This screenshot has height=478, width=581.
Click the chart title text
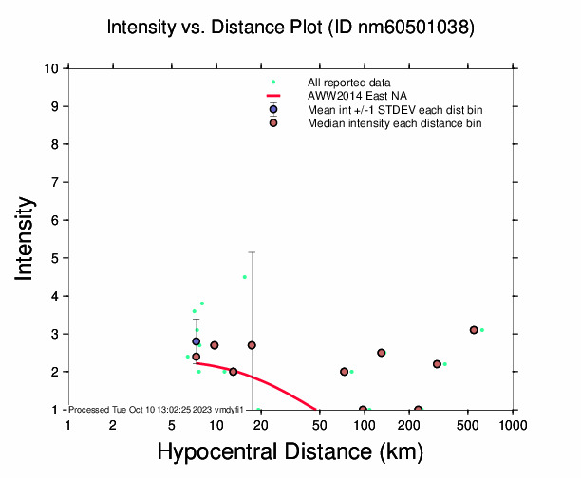tap(290, 28)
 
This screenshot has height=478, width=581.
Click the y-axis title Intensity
tap(26, 238)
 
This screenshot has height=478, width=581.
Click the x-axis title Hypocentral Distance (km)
tap(290, 453)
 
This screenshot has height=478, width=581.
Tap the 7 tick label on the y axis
tap(58, 182)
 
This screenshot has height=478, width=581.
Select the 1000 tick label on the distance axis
tap(513, 425)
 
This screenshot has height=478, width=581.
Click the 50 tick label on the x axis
tap(320, 425)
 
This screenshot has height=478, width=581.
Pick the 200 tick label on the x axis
tap(409, 425)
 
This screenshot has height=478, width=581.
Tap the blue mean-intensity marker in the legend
tap(272, 109)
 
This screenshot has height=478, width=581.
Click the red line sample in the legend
tap(272, 96)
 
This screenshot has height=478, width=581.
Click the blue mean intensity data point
tap(197, 341)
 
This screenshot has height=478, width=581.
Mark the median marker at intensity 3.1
tap(474, 330)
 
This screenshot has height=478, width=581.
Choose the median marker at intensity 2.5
tap(382, 353)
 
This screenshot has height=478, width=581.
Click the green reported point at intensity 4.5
tap(245, 277)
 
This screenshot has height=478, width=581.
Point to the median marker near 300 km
tap(437, 364)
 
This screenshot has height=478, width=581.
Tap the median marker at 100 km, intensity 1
tap(364, 410)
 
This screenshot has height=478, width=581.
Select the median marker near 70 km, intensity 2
tap(344, 372)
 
